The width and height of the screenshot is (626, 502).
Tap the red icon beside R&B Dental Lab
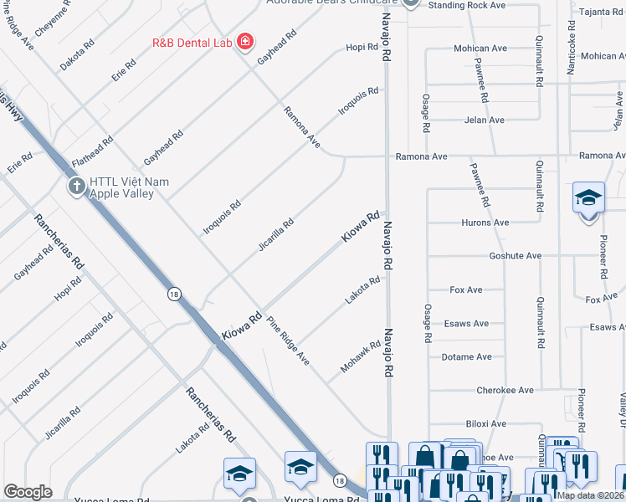point(244,42)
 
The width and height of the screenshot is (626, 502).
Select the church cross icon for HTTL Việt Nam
point(76,185)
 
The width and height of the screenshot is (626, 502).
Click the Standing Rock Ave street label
point(467,5)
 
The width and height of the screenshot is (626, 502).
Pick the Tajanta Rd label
point(600,12)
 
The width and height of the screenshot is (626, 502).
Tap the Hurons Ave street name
point(485,223)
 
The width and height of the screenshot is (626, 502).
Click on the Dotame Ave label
point(467,357)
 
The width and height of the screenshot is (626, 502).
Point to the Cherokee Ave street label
point(505,391)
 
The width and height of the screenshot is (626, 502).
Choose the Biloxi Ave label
point(486,424)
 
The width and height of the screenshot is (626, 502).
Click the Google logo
point(28,491)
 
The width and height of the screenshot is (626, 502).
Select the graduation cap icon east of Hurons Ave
point(588,198)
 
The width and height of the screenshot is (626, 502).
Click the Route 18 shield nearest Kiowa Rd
point(173,294)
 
